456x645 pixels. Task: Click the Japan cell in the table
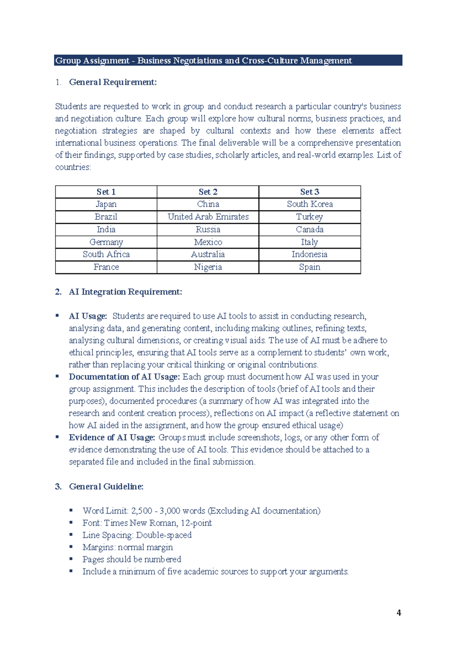106,204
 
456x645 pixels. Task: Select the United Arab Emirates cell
208,217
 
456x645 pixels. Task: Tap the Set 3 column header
309,192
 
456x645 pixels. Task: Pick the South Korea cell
309,204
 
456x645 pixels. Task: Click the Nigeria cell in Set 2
208,267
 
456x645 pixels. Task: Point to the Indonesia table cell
309,255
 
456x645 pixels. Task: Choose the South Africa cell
106,255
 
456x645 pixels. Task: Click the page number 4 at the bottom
399,612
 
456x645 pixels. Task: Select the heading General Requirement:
112,82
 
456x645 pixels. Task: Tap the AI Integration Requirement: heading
125,292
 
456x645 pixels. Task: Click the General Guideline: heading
106,487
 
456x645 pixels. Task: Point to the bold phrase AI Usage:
88,316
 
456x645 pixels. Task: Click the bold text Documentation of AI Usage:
124,377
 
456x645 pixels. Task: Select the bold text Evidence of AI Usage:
112,438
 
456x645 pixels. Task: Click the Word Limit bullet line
201,511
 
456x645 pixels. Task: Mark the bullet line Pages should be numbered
131,560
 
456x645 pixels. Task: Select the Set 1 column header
106,192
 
